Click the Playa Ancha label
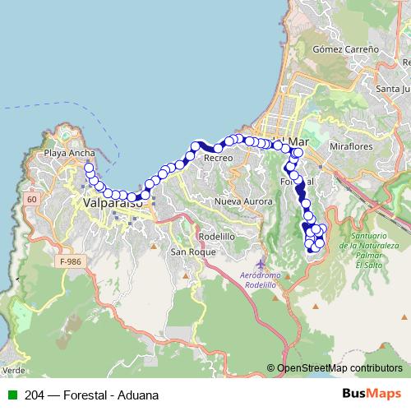(70, 153)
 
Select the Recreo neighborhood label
(218, 157)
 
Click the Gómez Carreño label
(345, 49)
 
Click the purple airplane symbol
(261, 264)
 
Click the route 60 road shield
(32, 199)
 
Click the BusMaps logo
(372, 395)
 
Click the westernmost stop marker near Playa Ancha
(88, 167)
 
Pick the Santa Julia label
(392, 89)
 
